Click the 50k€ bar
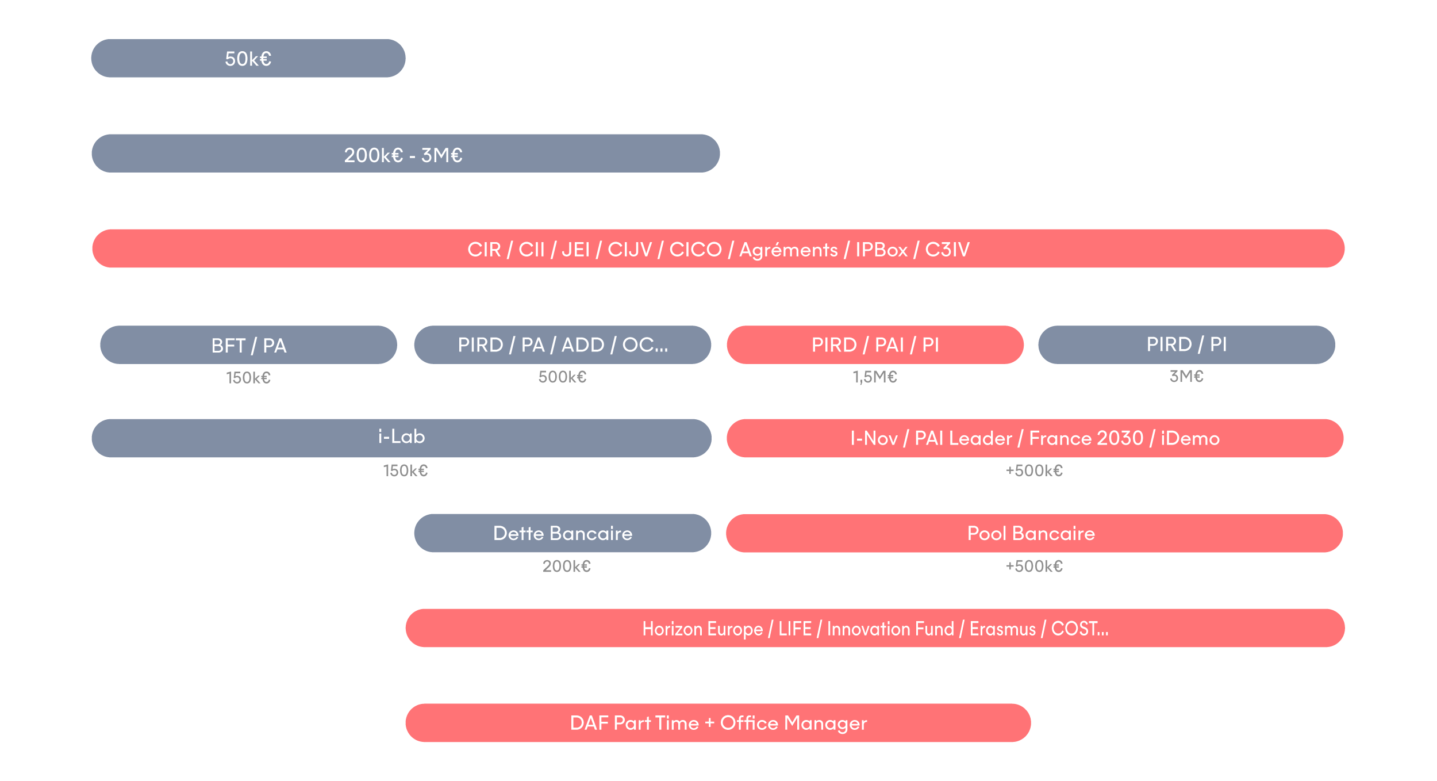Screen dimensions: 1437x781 coord(248,58)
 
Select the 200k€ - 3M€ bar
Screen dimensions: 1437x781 coord(406,154)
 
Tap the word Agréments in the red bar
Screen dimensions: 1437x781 coord(788,250)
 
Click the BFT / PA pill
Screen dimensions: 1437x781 coord(248,345)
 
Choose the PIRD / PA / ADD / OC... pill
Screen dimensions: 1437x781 coord(563,345)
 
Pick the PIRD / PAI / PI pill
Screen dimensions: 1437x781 coord(875,345)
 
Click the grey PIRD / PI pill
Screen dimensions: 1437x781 coord(1187,345)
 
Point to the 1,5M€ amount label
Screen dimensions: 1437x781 coord(875,377)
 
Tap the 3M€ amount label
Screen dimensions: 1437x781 coord(1186,377)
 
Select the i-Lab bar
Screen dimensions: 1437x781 coord(402,438)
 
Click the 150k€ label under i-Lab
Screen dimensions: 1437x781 coord(405,471)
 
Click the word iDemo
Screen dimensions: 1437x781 coord(1190,438)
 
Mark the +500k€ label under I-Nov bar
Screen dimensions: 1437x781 coord(1034,471)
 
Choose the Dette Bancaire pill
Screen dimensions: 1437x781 coord(563,533)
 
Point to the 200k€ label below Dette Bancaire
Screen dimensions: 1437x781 coord(567,566)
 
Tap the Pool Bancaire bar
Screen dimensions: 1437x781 coord(1035,533)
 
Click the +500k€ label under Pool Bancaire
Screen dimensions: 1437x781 coord(1034,566)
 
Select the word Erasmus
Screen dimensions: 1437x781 coord(1002,629)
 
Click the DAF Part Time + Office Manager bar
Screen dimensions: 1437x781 coord(718,723)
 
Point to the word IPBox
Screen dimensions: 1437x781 coord(882,250)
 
